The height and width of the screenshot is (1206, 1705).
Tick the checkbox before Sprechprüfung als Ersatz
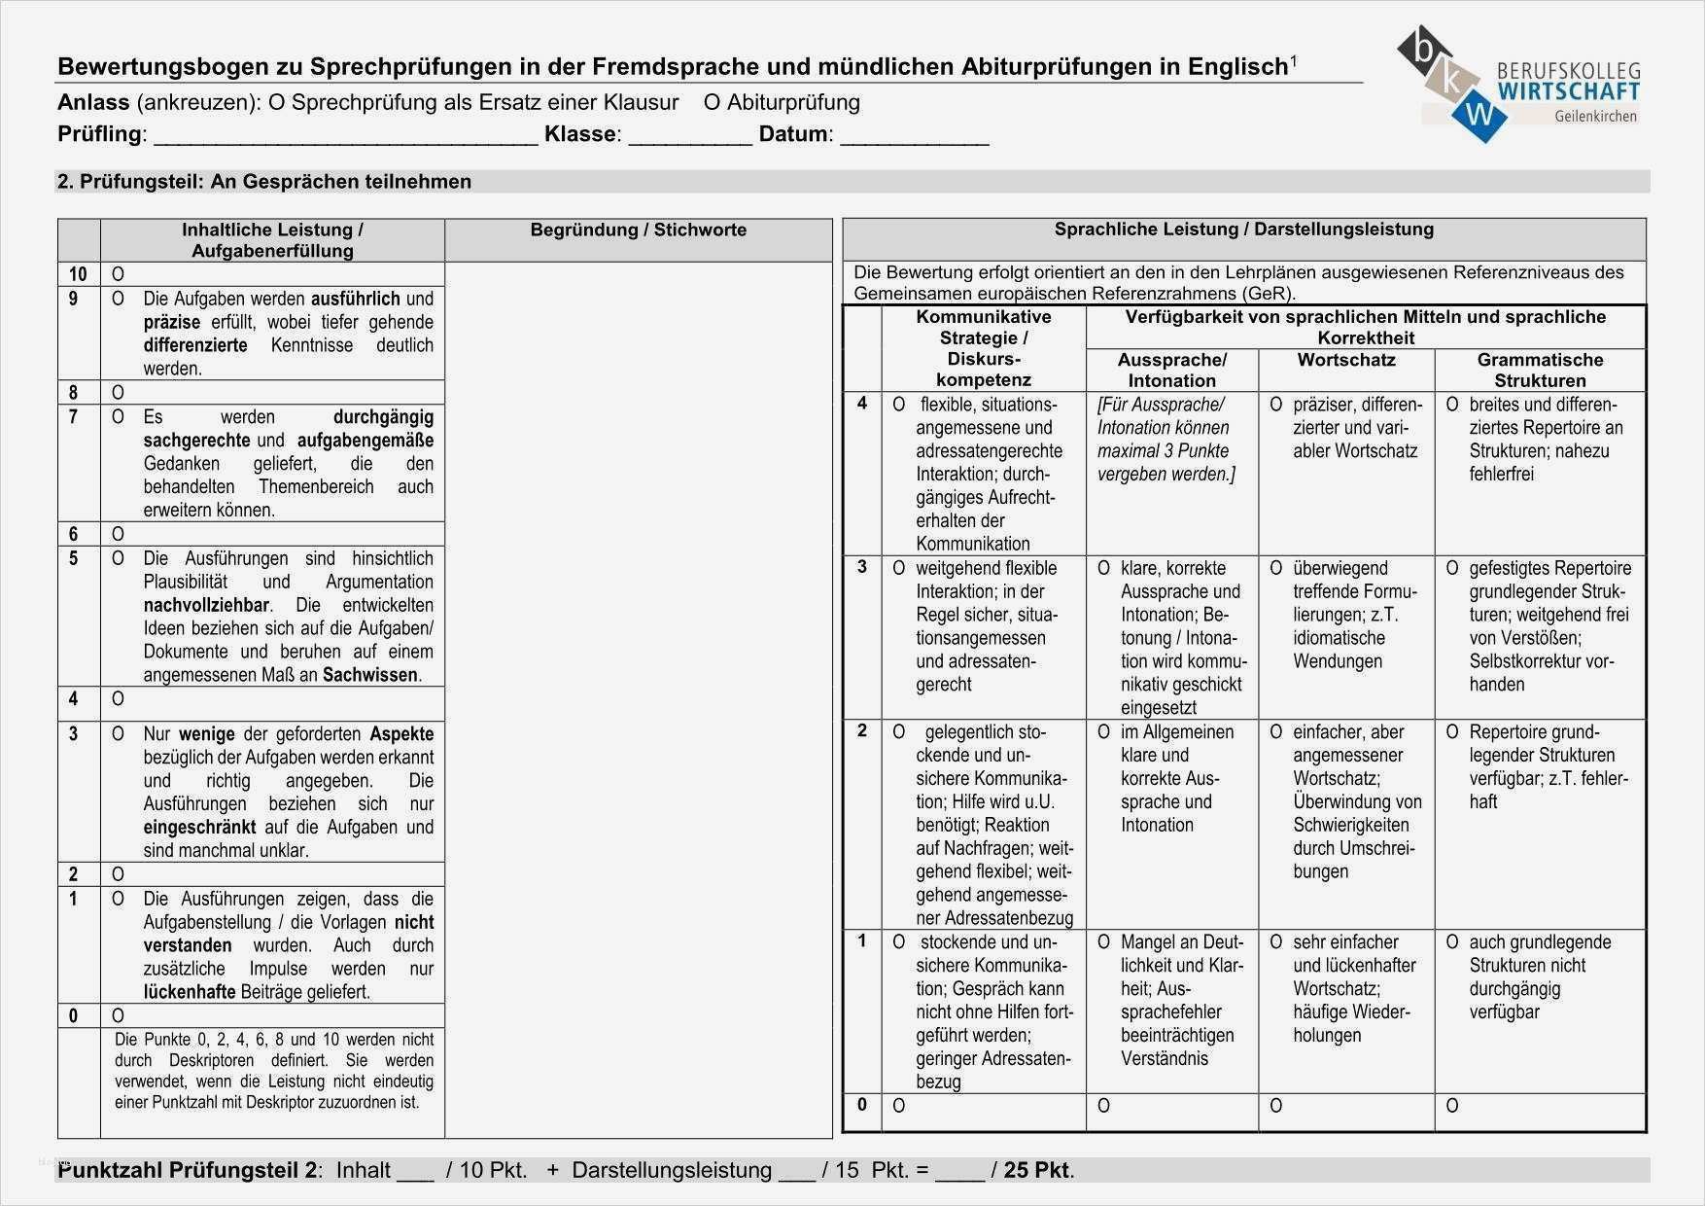point(277,102)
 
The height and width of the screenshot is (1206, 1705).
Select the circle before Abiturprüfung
point(713,102)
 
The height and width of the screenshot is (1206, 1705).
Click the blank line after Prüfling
point(345,136)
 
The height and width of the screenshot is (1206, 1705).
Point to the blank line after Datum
point(914,136)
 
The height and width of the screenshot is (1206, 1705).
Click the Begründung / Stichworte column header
point(638,231)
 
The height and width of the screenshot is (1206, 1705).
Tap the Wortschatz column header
point(1345,360)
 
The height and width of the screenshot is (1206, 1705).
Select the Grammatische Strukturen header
point(1539,371)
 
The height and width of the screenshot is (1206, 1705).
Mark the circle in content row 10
point(118,274)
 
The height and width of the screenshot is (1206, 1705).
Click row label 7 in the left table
point(74,417)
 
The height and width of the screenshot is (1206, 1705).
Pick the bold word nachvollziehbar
point(206,605)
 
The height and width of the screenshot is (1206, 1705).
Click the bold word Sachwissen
point(370,675)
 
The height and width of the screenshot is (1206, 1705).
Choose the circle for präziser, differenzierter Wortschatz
point(1275,405)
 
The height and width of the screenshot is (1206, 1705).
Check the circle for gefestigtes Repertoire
point(1451,568)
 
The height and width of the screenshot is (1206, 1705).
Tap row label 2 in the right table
point(861,731)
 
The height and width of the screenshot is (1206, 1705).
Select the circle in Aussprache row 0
point(1103,1106)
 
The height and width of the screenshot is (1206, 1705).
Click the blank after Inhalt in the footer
point(415,1171)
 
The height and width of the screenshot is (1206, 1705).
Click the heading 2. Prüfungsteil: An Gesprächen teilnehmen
point(264,182)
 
